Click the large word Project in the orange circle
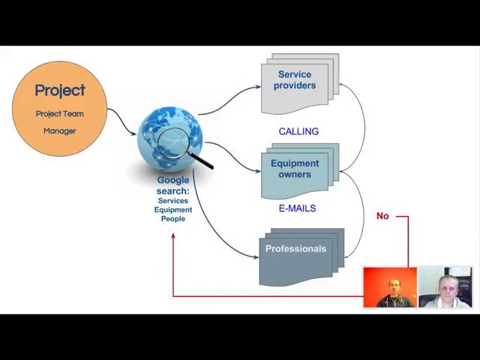point(60,91)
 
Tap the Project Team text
point(60,114)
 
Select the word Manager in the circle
point(60,131)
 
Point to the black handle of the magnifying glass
point(200,160)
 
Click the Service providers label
point(295,80)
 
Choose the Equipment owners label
point(295,169)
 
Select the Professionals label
point(295,248)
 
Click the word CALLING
point(298,132)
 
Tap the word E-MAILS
point(297,208)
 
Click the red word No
point(382,216)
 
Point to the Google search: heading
point(173,185)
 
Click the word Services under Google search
point(173,201)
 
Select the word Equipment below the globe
point(173,210)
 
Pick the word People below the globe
point(173,219)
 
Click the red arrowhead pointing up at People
point(173,235)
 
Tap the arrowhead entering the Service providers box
point(258,87)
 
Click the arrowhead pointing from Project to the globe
point(134,133)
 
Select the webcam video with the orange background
point(390,287)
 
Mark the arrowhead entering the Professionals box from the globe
point(256,257)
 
